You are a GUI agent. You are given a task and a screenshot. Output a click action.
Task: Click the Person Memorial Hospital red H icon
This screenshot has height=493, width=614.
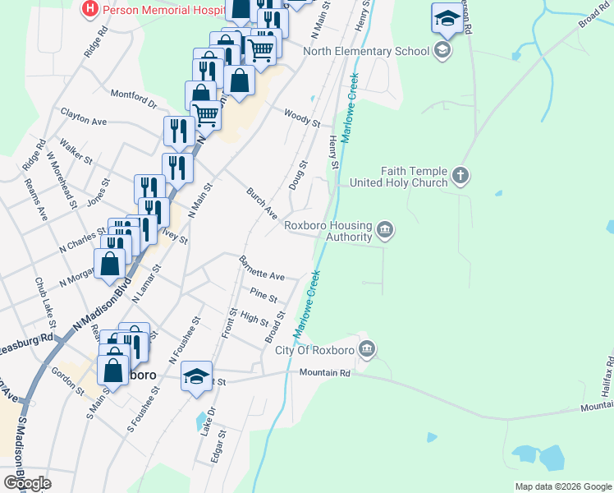pos(90,10)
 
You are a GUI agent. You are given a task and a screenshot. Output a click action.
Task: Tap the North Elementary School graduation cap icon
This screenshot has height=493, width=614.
pos(443,51)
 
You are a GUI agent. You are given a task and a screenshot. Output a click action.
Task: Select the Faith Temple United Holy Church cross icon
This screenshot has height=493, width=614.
pos(460,175)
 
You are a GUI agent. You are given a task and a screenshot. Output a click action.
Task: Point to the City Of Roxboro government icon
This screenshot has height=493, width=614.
pos(367,350)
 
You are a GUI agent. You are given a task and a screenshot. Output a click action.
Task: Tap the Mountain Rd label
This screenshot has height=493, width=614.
pos(324,373)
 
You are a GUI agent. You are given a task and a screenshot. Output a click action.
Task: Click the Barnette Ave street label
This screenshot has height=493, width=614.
pos(261,269)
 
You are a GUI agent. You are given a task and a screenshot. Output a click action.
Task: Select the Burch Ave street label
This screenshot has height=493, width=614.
pos(262,202)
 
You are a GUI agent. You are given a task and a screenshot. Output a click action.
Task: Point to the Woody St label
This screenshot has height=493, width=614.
pos(301,117)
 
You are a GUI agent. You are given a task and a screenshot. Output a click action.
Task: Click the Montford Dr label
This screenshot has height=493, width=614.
pos(133,98)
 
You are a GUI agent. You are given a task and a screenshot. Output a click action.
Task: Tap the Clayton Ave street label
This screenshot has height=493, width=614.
pos(84,115)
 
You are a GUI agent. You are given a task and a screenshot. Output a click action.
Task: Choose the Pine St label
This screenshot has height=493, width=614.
pos(263,293)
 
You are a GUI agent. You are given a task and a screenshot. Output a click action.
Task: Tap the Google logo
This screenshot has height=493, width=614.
pos(27,483)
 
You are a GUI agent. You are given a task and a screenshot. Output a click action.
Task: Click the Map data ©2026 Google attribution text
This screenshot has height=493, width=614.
pos(562,486)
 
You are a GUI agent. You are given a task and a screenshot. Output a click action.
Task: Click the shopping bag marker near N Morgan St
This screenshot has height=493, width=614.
pos(111,265)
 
